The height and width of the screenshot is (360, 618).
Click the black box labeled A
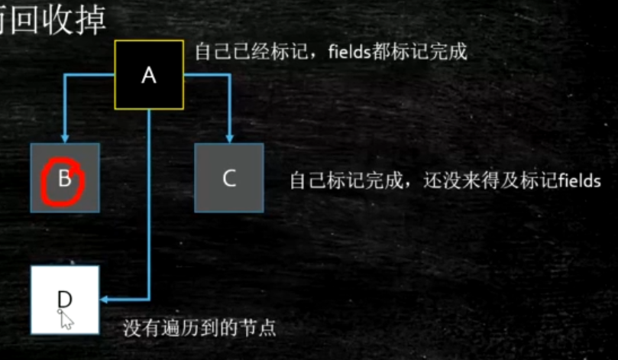[149, 74]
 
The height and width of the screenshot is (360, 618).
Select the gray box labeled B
[65, 177]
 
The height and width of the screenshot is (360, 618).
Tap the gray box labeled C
[229, 177]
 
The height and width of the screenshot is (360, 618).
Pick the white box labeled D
[65, 299]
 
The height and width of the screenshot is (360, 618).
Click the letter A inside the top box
[149, 76]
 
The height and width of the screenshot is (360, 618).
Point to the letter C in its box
[229, 178]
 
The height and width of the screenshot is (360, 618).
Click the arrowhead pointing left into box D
[105, 299]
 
